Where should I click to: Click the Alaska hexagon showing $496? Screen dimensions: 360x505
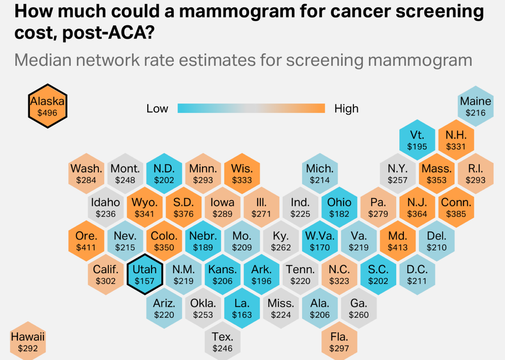[47, 106]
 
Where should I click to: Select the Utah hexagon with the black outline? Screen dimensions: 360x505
[145, 275]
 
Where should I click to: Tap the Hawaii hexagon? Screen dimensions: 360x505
[28, 342]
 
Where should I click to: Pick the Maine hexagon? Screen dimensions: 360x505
[476, 106]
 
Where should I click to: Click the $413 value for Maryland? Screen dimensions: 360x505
[398, 248]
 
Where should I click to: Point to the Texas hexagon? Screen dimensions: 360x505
[223, 342]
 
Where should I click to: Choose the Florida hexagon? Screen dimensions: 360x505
[339, 342]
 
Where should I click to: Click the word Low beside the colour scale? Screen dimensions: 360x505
[157, 109]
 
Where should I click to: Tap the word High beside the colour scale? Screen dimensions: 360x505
[346, 109]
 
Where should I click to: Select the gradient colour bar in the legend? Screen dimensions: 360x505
[251, 108]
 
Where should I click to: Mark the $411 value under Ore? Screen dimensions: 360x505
[86, 248]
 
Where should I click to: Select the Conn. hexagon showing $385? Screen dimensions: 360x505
[456, 208]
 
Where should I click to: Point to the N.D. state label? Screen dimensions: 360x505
[164, 169]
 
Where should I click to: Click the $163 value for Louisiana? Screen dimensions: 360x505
[242, 315]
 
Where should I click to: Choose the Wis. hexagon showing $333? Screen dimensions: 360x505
[242, 174]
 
